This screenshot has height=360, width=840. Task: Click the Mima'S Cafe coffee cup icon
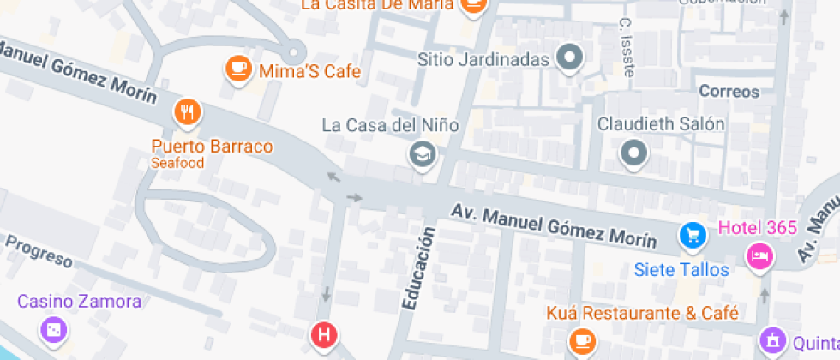coord(237,69)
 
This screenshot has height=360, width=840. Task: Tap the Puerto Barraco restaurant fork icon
coord(187,112)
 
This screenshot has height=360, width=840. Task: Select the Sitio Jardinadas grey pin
coord(569,59)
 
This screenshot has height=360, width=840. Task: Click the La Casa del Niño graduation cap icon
coord(423,154)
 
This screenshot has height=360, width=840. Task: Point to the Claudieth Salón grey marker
coord(634,153)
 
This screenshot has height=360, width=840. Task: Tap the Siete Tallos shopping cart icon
coord(692,235)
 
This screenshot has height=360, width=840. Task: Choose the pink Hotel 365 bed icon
coord(759,255)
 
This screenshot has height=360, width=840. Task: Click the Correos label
coord(729,91)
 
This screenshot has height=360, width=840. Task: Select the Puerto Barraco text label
coord(212,147)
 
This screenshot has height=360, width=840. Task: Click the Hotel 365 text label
coord(758,228)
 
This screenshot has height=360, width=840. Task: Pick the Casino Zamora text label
coord(79,301)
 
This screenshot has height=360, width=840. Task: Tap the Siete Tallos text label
coord(681,270)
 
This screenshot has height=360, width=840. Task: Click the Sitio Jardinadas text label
coord(483,60)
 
